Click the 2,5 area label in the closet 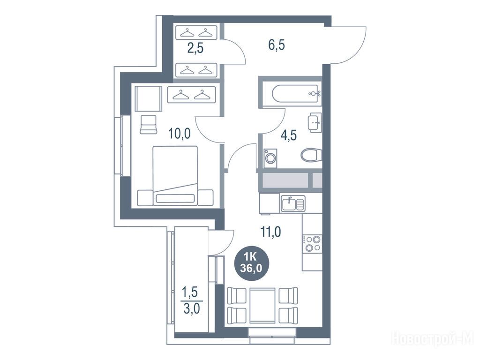[x=195, y=48]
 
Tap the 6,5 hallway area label [x=277, y=45]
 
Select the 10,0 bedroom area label [x=180, y=134]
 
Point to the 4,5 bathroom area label [x=289, y=135]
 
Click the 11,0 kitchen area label [x=270, y=232]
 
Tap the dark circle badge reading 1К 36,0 [x=251, y=264]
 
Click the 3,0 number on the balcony [x=192, y=308]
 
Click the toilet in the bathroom [x=311, y=155]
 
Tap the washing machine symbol [x=270, y=158]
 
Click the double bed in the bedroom [x=175, y=176]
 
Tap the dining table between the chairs [x=262, y=305]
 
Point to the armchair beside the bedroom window [x=149, y=124]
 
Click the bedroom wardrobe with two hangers [x=192, y=95]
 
